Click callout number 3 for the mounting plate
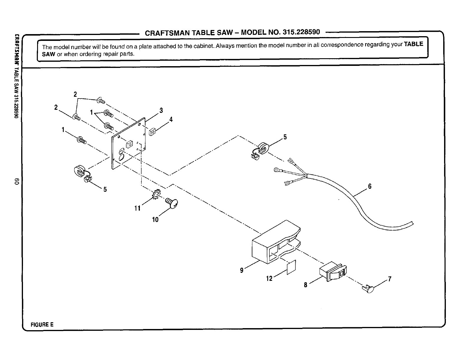click(x=161, y=111)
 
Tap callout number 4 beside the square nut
click(x=171, y=120)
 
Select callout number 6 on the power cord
click(x=370, y=186)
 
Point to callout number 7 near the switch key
click(x=390, y=279)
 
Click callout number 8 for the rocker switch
click(x=306, y=285)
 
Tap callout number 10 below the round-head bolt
click(x=155, y=219)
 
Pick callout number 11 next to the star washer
click(x=137, y=208)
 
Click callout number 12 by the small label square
click(x=269, y=278)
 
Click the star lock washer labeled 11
click(x=156, y=194)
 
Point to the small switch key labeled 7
click(x=368, y=290)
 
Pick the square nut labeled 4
click(x=152, y=132)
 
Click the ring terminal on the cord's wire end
click(x=277, y=170)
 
